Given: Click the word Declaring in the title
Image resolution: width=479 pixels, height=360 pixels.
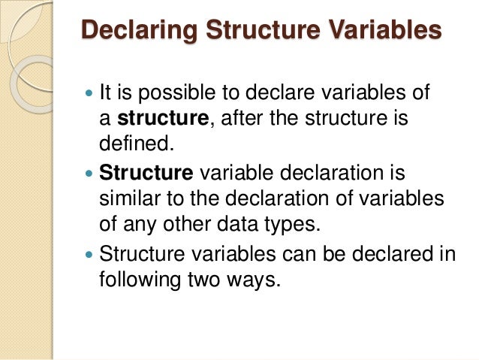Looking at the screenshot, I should point(134,32).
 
